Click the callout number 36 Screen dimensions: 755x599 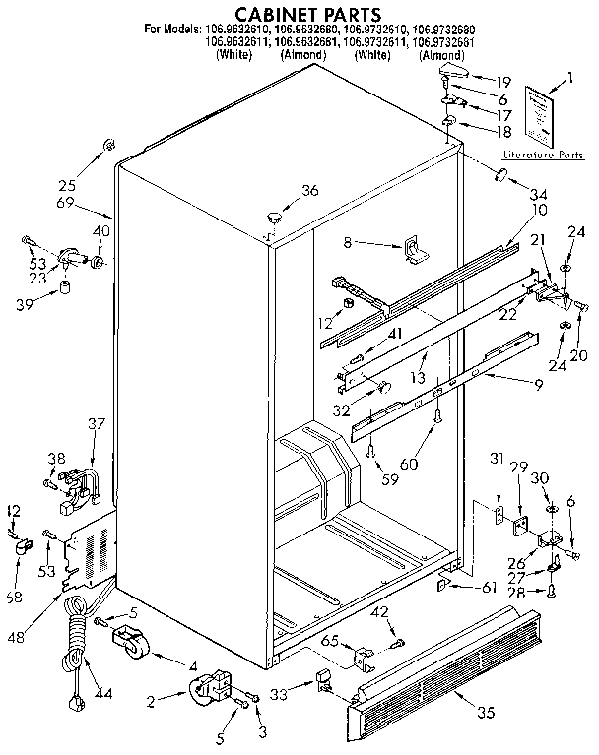pyautogui.click(x=310, y=191)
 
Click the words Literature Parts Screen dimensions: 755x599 pyautogui.click(x=543, y=156)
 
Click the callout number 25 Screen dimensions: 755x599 pyautogui.click(x=66, y=183)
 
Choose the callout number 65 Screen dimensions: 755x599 pyautogui.click(x=331, y=641)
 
